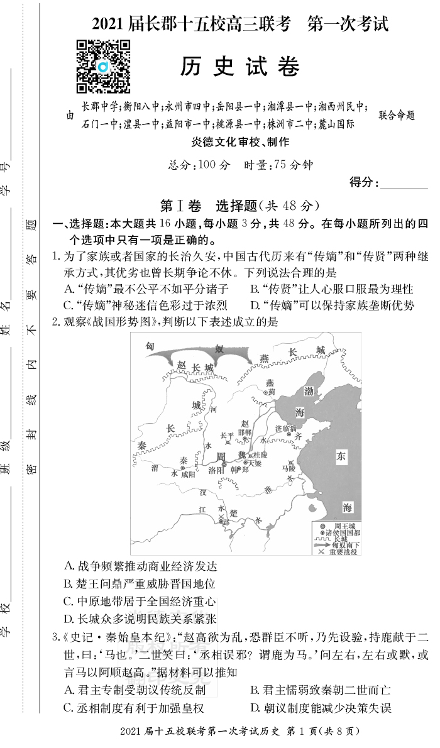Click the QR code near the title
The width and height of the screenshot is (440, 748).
click(103, 65)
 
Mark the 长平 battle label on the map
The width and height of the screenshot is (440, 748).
click(227, 435)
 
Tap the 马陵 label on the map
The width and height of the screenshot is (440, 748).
click(288, 468)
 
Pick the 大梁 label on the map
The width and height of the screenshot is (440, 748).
click(254, 463)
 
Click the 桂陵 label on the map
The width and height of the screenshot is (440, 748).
click(260, 454)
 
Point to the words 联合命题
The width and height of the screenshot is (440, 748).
click(397, 116)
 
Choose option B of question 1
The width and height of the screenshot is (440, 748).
click(331, 289)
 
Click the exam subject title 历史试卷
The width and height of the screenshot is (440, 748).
click(239, 66)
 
